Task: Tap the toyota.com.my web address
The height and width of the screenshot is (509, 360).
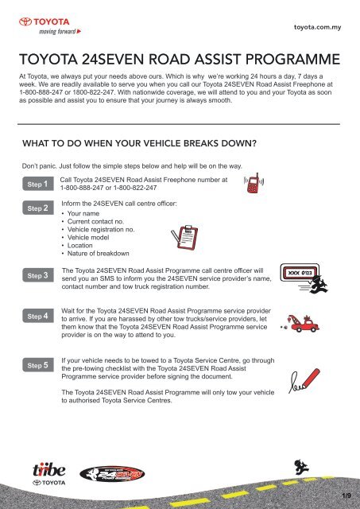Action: coord(318,27)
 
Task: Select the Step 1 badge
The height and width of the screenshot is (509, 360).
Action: coord(38,184)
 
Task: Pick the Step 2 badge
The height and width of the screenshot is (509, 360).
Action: coord(38,208)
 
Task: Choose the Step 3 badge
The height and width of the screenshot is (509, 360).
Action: coord(38,275)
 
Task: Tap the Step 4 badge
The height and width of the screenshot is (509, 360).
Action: coord(38,316)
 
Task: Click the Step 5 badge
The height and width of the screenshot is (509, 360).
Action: coord(38,365)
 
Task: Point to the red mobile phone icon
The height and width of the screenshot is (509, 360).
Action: coord(254,183)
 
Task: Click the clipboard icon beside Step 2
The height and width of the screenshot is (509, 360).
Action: coord(185,237)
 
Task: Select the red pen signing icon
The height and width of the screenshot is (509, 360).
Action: coord(304,380)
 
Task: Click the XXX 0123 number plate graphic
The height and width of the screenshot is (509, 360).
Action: coord(300,273)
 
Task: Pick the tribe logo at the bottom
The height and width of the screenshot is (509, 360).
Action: coord(49,474)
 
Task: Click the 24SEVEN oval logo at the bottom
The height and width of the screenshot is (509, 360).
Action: coord(112,474)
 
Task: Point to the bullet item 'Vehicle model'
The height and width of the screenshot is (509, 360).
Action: coord(88,237)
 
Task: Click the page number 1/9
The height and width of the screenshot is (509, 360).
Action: coord(346,495)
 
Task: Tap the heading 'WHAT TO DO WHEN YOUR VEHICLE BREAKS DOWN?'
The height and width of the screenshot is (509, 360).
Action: coord(139,143)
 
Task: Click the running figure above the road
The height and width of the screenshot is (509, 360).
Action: coord(302,467)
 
